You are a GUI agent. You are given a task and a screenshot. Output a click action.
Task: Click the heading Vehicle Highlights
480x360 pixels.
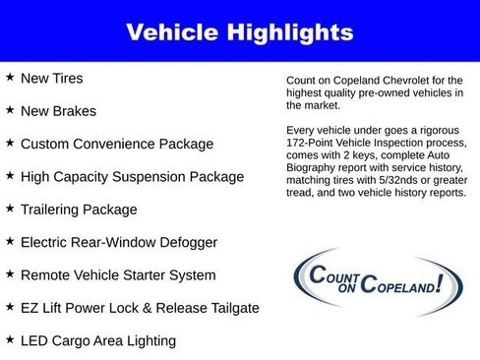point(239,32)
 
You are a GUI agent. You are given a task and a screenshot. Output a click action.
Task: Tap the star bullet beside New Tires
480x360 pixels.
point(10,77)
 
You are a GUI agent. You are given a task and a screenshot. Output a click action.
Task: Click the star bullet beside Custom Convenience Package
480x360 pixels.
point(10,143)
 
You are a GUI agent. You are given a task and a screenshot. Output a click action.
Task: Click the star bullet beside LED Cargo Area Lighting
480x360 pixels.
point(10,340)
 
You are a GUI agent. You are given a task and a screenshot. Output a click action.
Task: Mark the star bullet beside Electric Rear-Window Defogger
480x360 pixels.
point(10,242)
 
